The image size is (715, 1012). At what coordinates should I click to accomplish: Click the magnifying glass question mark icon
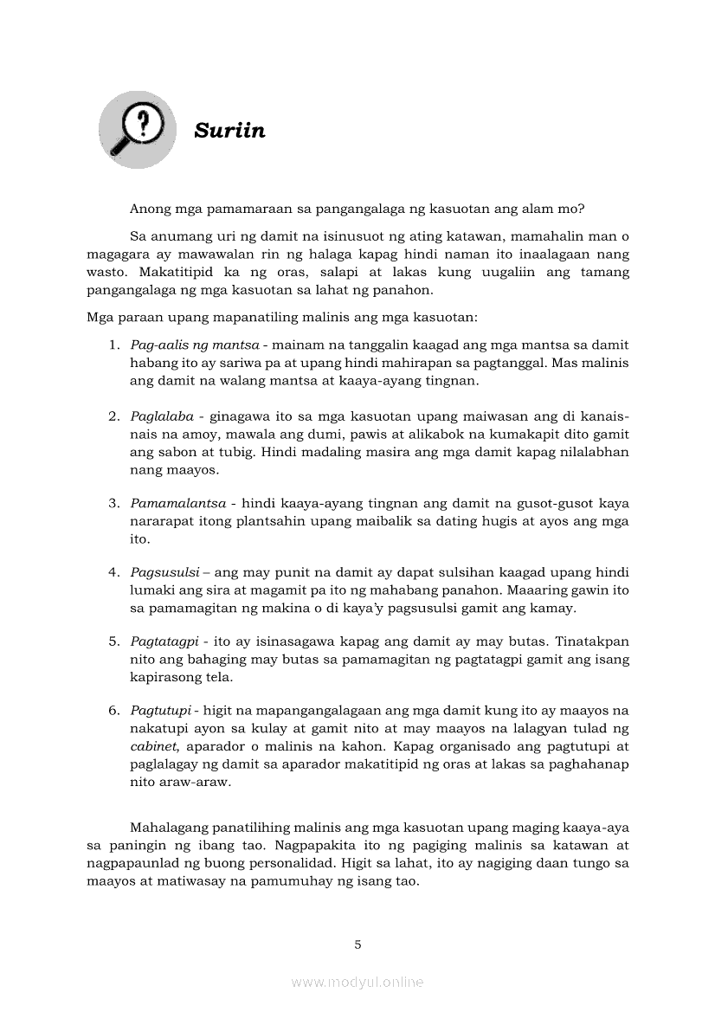[137, 129]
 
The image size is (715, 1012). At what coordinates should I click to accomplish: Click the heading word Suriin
[229, 131]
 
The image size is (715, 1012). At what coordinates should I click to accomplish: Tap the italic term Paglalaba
[162, 416]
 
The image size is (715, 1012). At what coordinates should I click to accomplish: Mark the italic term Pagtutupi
[160, 711]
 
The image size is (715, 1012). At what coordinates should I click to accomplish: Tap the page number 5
[357, 944]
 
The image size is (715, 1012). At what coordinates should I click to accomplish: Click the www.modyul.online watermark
[357, 982]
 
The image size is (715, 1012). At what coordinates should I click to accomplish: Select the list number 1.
[113, 345]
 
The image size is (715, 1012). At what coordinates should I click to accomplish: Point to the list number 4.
[113, 572]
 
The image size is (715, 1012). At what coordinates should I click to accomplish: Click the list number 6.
[113, 711]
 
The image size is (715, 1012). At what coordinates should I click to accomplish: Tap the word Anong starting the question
[150, 209]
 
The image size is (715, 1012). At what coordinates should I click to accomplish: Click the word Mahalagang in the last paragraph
[170, 826]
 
